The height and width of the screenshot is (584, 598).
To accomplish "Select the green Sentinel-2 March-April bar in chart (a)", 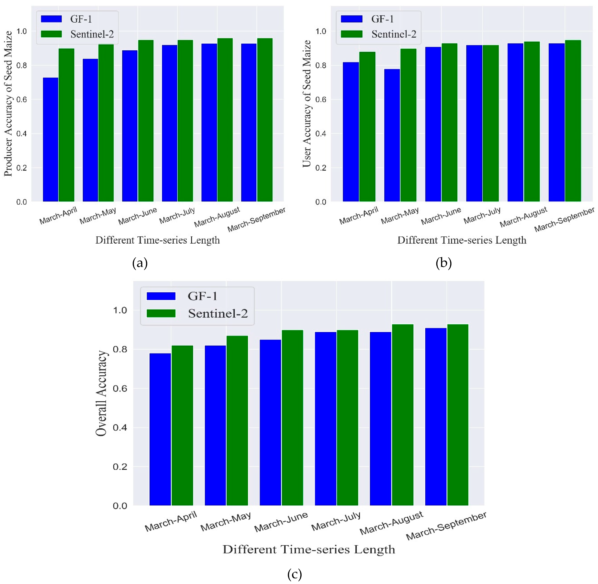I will click(x=66, y=125).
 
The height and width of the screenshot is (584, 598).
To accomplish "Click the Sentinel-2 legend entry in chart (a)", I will click(x=92, y=34).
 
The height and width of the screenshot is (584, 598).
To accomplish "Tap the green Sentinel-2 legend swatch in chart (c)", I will click(x=161, y=313).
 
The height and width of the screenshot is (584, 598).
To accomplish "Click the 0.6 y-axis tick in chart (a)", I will click(x=21, y=99).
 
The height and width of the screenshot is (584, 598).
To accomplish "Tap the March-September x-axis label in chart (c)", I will click(x=446, y=526).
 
